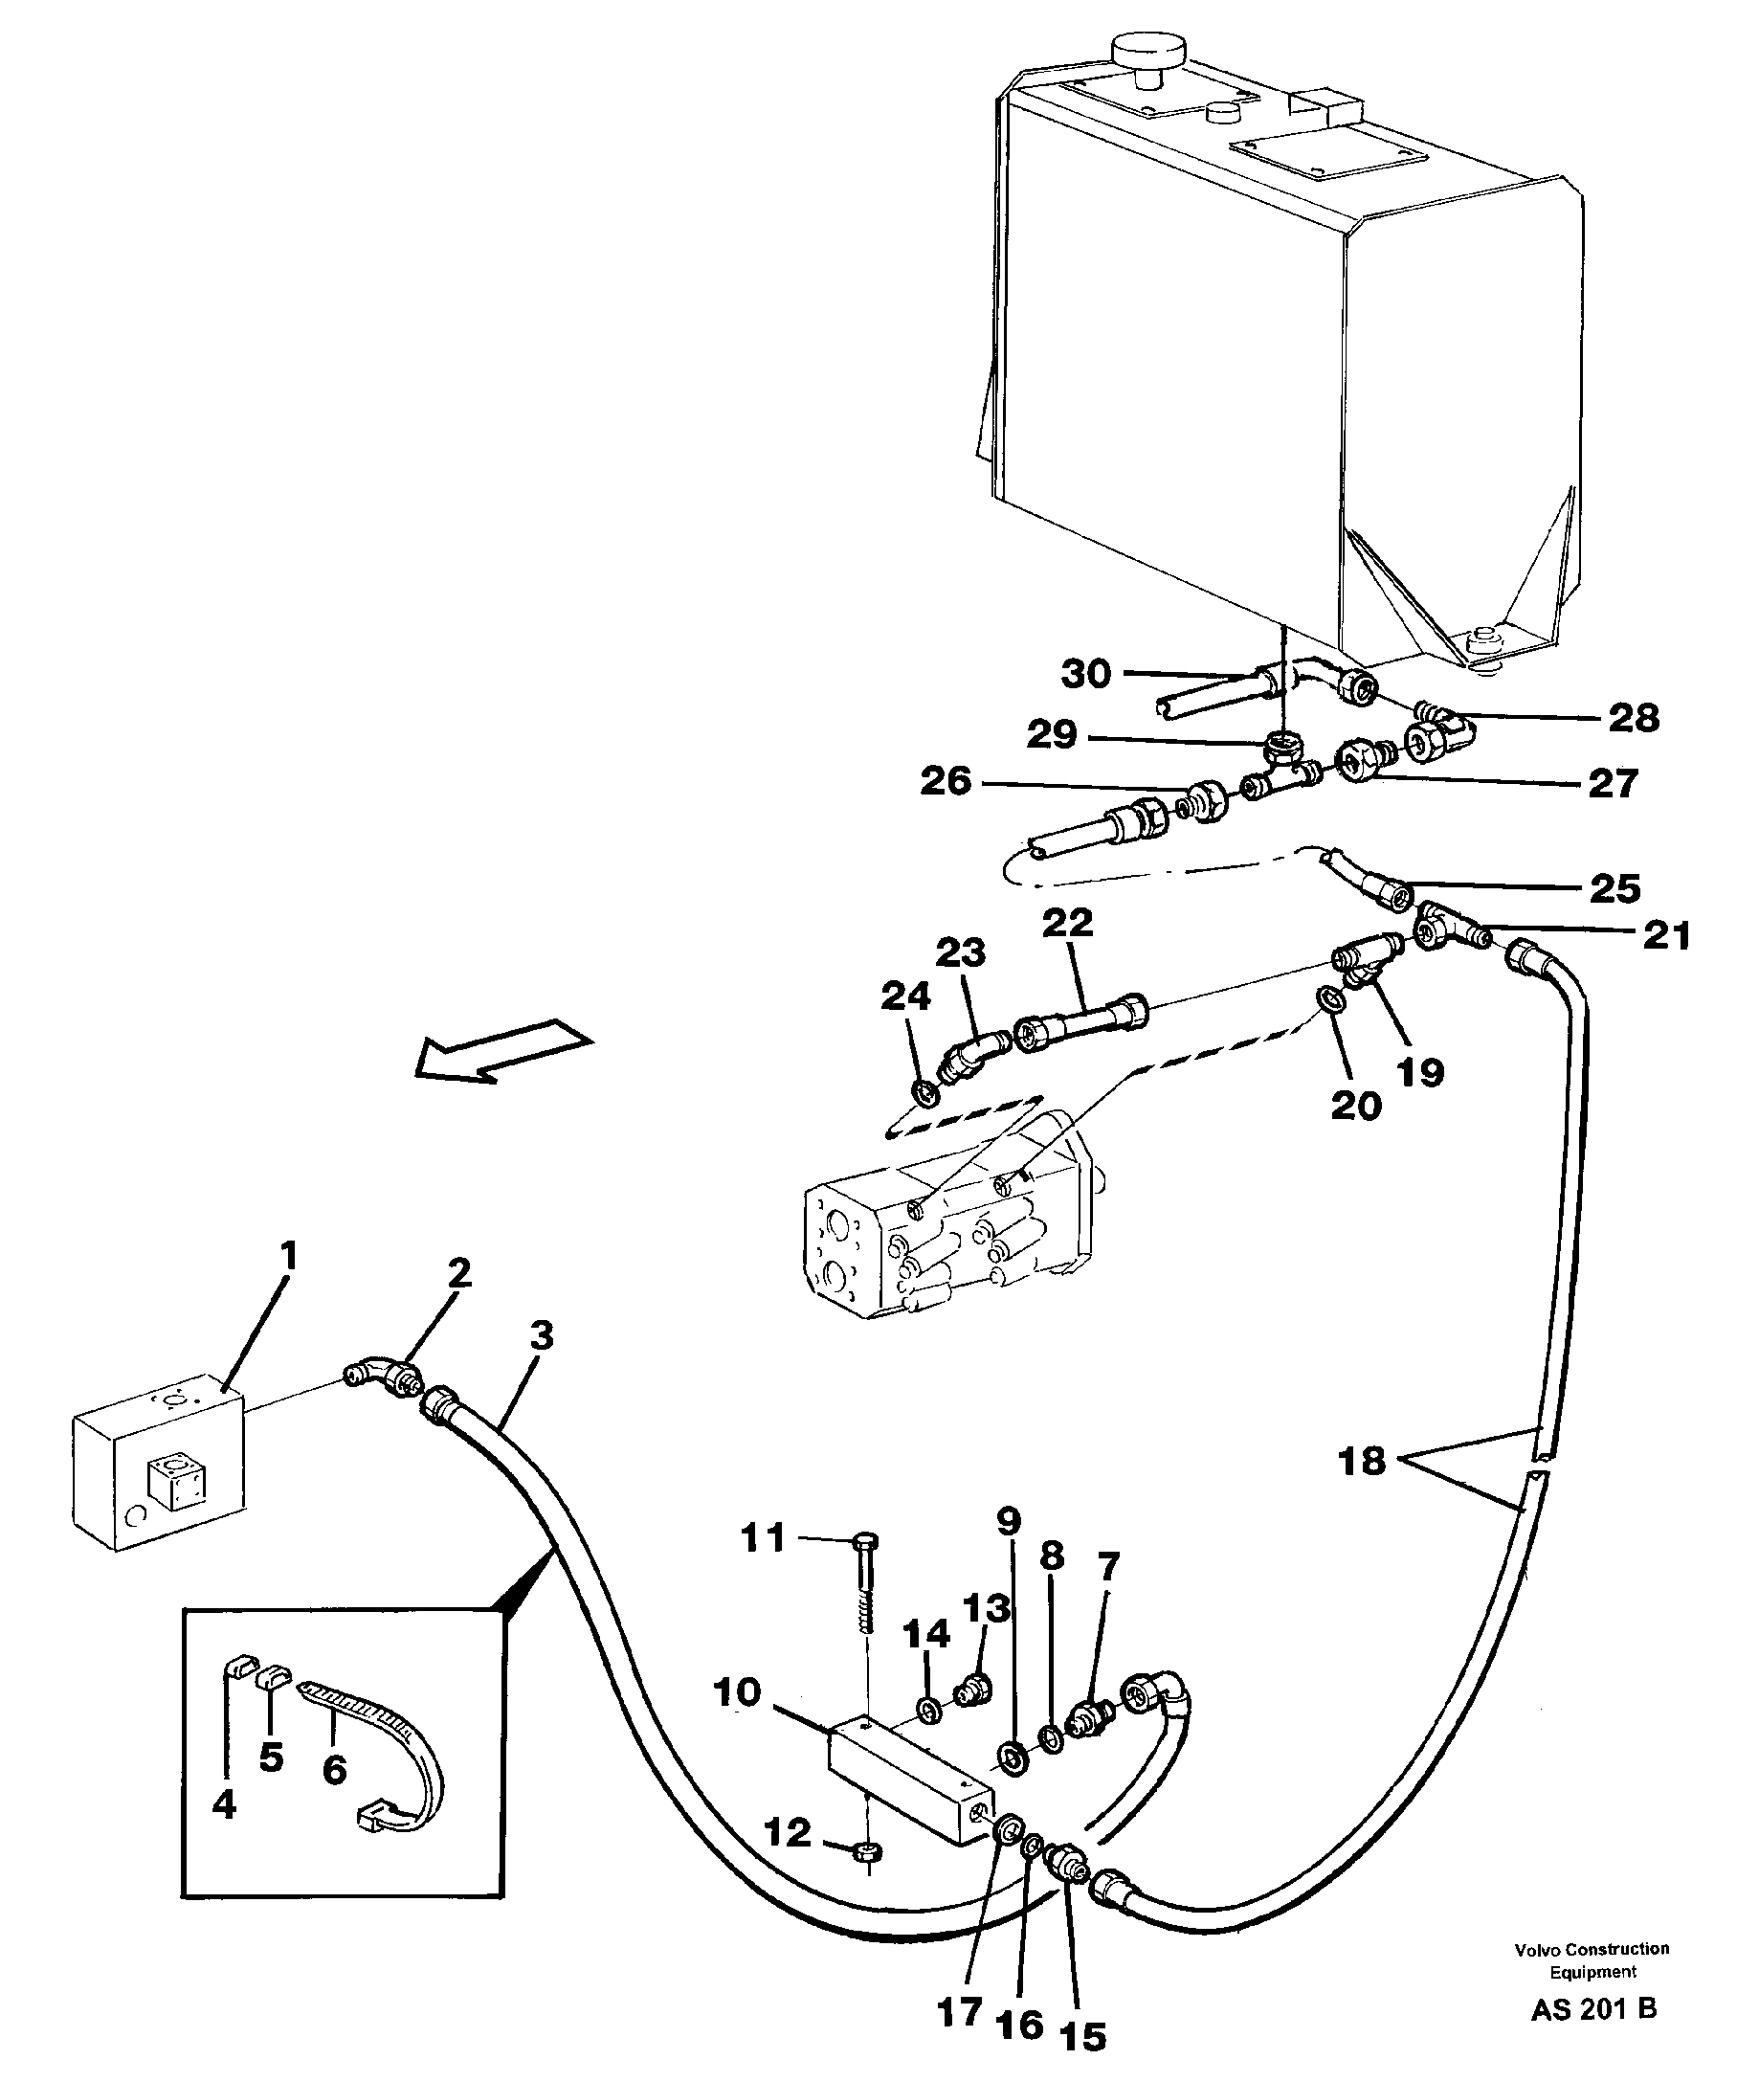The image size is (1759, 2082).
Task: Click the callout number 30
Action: coord(1086,675)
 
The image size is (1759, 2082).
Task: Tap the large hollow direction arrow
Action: coord(503,1049)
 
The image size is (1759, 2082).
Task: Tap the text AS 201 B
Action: coord(1593,2009)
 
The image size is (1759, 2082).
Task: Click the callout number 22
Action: coord(1067,923)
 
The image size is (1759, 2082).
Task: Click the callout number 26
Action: coord(946,781)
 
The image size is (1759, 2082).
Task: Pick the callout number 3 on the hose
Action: coord(541,1335)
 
